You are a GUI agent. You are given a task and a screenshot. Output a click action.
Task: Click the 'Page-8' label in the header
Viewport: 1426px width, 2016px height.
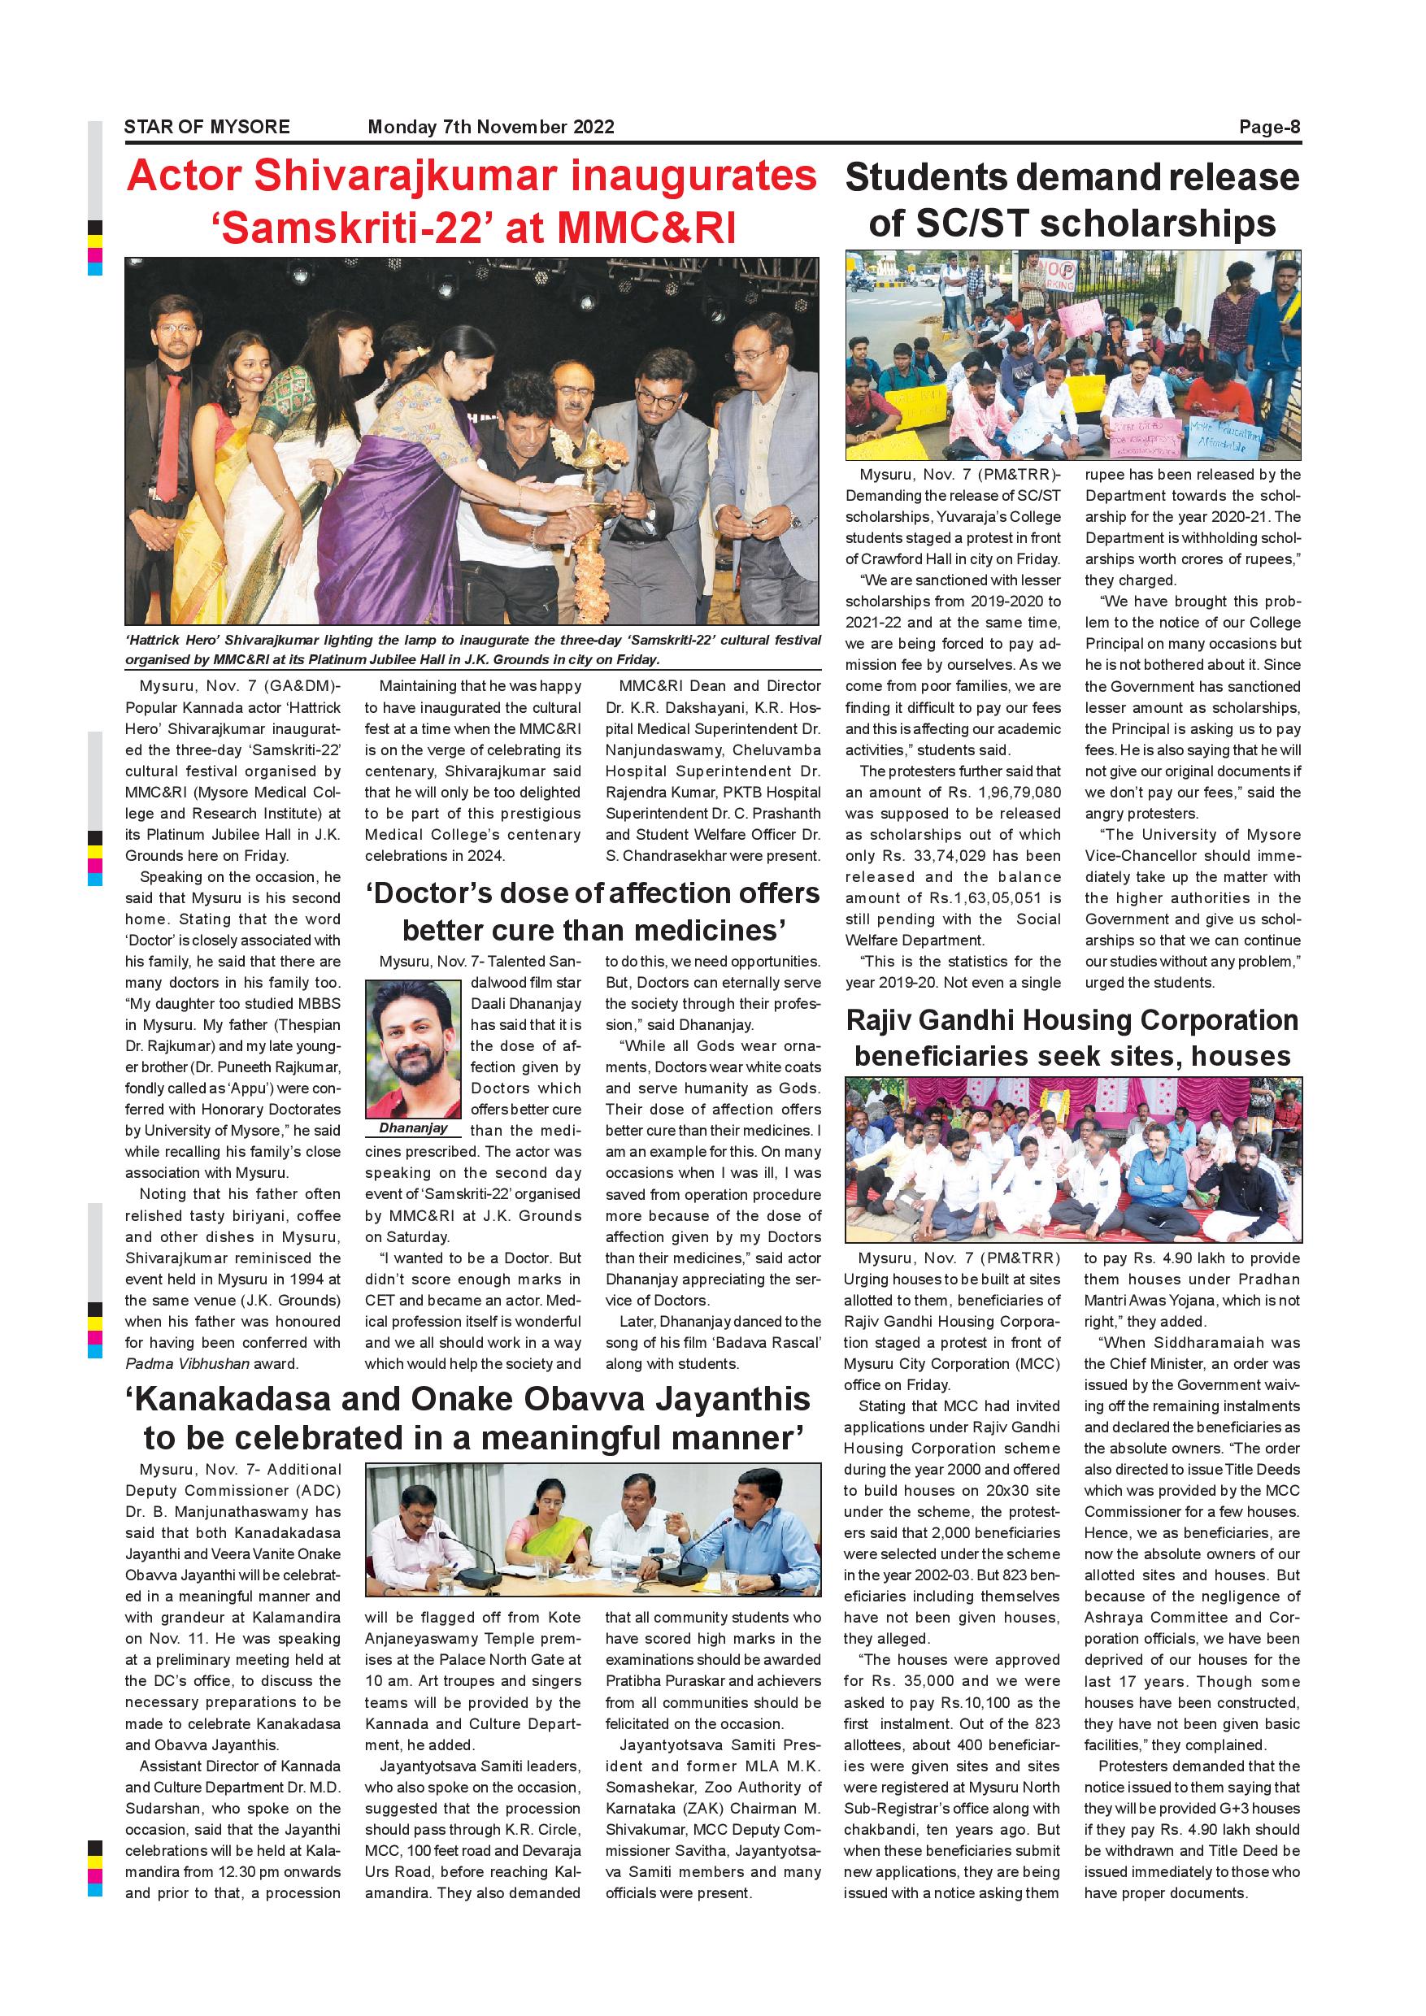click(x=1269, y=128)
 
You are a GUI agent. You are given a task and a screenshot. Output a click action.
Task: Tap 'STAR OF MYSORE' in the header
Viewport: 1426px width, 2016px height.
click(x=207, y=128)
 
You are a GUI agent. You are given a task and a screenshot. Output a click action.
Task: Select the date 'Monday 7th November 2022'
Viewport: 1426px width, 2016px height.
click(x=491, y=128)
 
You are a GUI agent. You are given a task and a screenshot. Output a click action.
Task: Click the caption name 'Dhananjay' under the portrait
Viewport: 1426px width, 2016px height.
click(x=413, y=1128)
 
